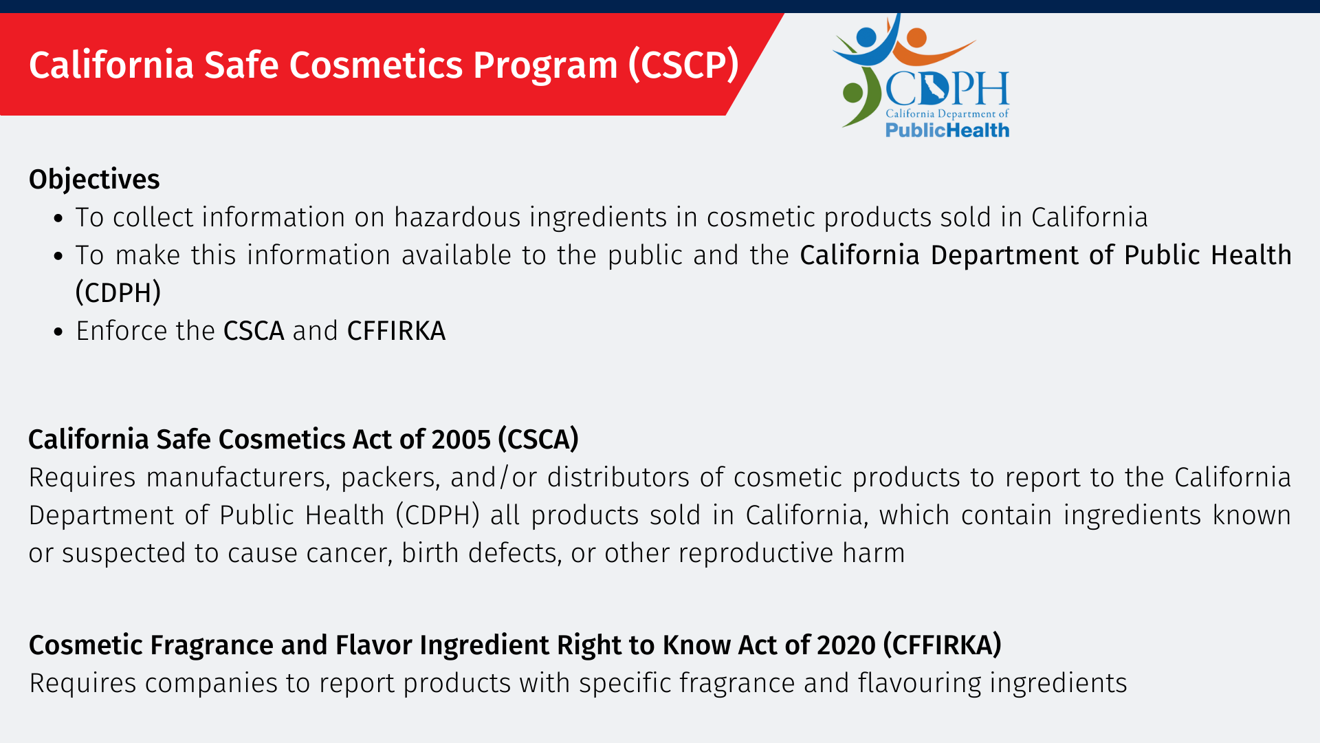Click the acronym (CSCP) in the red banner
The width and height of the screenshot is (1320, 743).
pos(683,65)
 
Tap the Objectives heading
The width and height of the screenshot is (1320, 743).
pos(94,180)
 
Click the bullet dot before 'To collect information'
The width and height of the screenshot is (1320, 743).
pos(58,219)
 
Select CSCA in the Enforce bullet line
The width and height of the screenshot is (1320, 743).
pos(254,331)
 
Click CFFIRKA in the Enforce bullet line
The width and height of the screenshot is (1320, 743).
pos(396,331)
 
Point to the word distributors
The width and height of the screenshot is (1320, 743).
pos(618,477)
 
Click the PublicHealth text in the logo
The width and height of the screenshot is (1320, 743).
pos(947,130)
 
